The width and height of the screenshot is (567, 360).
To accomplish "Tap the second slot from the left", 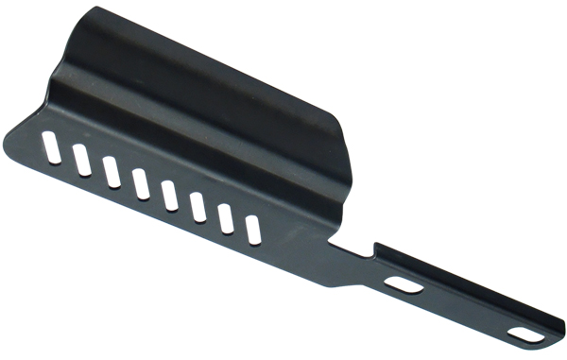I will (81, 160).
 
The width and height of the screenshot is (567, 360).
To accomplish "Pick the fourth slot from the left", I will (141, 183).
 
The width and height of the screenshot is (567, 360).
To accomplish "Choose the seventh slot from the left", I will (227, 218).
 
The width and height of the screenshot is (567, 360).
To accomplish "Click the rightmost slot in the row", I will (253, 230).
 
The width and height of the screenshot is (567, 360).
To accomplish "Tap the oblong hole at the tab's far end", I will (522, 334).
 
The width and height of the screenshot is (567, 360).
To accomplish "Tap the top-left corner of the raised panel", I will (94, 9).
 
